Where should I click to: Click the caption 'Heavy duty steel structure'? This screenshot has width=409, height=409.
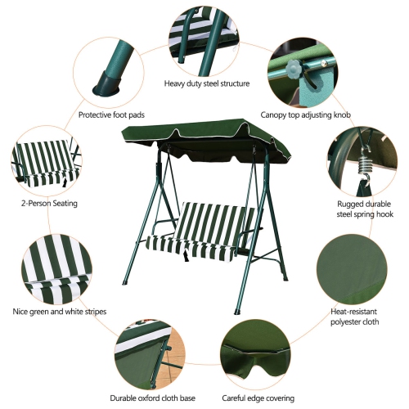(206, 83)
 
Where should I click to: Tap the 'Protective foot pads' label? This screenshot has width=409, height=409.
(111, 115)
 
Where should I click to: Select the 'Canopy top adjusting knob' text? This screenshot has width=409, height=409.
(306, 115)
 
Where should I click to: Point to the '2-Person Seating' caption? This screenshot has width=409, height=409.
(37, 203)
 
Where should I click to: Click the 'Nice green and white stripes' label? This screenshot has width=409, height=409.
(60, 311)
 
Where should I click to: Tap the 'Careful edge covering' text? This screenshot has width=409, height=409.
(258, 398)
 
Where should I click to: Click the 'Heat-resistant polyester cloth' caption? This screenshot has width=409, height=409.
(353, 317)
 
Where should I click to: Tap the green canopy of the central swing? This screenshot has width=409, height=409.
(204, 136)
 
